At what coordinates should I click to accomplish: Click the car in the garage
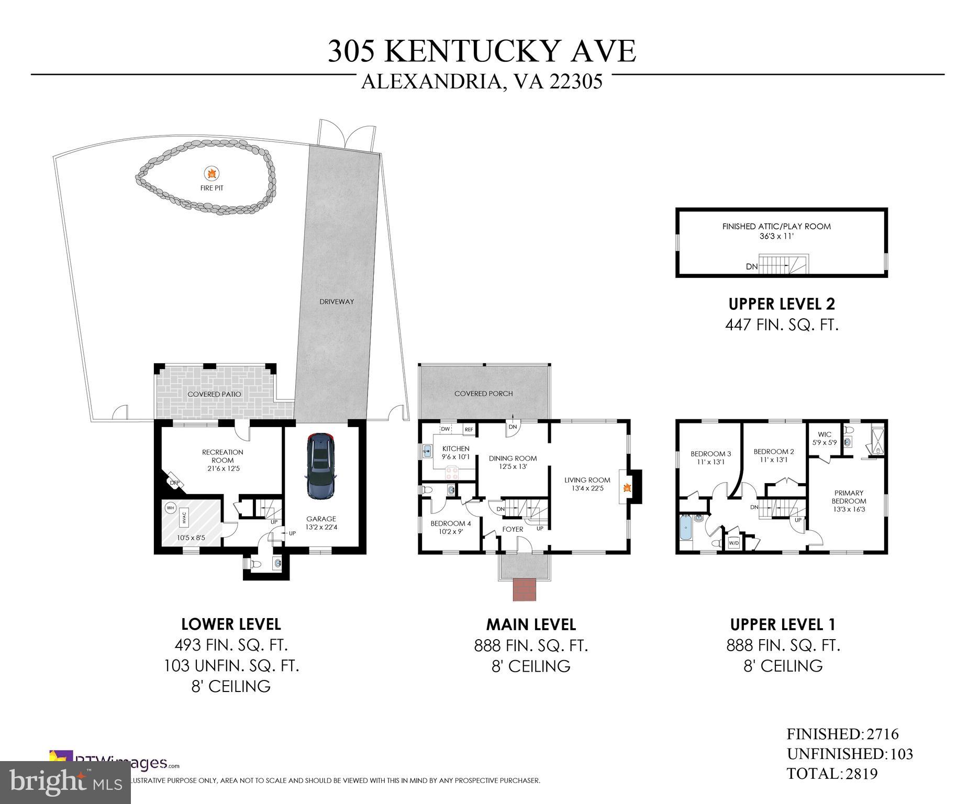(x=320, y=466)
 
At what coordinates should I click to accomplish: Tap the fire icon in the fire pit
(x=212, y=173)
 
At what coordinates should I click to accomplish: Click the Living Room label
(x=587, y=484)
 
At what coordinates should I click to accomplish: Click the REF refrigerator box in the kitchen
(x=469, y=429)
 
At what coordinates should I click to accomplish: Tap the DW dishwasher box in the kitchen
(x=446, y=429)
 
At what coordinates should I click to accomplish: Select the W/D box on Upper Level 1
(x=733, y=543)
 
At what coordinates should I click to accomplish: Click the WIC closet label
(x=824, y=438)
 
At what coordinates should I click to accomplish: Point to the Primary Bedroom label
(x=849, y=500)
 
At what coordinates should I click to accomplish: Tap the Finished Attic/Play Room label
(x=776, y=231)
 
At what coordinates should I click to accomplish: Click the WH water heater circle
(x=170, y=508)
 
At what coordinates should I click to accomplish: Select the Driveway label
(x=337, y=301)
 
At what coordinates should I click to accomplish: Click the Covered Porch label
(x=483, y=394)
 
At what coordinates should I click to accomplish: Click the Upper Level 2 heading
(x=782, y=304)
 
